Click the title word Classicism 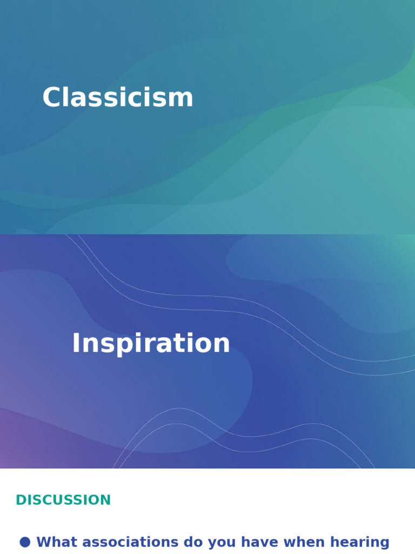click(x=118, y=98)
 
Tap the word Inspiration click(x=151, y=344)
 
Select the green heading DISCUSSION click(x=63, y=500)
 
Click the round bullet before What click(x=25, y=542)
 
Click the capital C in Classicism click(x=52, y=98)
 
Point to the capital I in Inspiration click(x=76, y=344)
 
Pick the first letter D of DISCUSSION click(x=20, y=500)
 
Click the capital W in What click(x=44, y=542)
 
